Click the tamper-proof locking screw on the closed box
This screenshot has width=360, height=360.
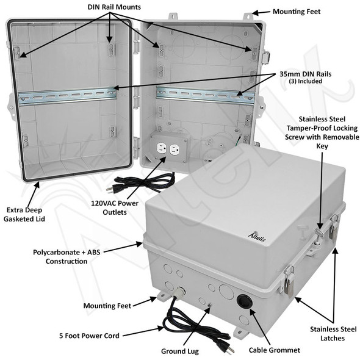tap(319, 234)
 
